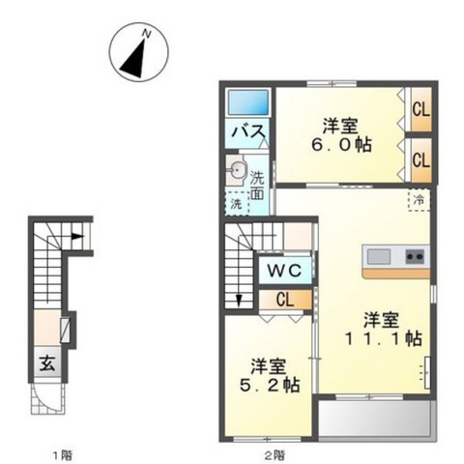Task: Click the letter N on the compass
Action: pos(147,34)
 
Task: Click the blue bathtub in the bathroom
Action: pos(248,102)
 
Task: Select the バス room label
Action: pos(249,132)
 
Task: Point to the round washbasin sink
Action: pos(238,170)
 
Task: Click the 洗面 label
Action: pos(257,186)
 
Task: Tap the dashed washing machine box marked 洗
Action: pos(237,204)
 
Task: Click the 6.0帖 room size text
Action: pos(341,145)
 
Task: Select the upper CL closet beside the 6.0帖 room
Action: pos(421,110)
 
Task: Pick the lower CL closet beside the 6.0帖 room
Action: pos(421,159)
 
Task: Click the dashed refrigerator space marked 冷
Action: pos(419,200)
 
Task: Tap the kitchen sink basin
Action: pos(379,256)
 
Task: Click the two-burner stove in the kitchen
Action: pos(415,256)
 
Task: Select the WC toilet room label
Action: pos(285,271)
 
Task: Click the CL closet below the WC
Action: pos(285,300)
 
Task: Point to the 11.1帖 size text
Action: pos(384,338)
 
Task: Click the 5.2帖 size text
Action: pos(270,385)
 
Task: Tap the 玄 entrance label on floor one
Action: pos(47,363)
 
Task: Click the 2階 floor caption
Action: pos(275,455)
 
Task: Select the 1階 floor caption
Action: pos(63,455)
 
